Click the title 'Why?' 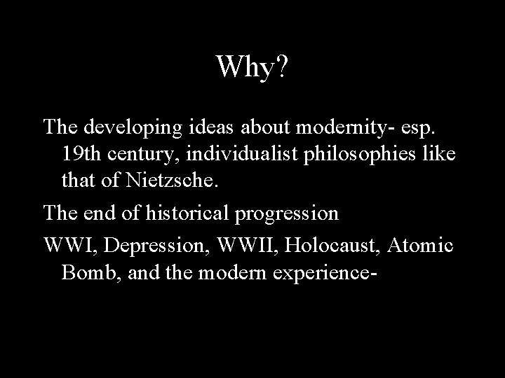(x=252, y=68)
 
